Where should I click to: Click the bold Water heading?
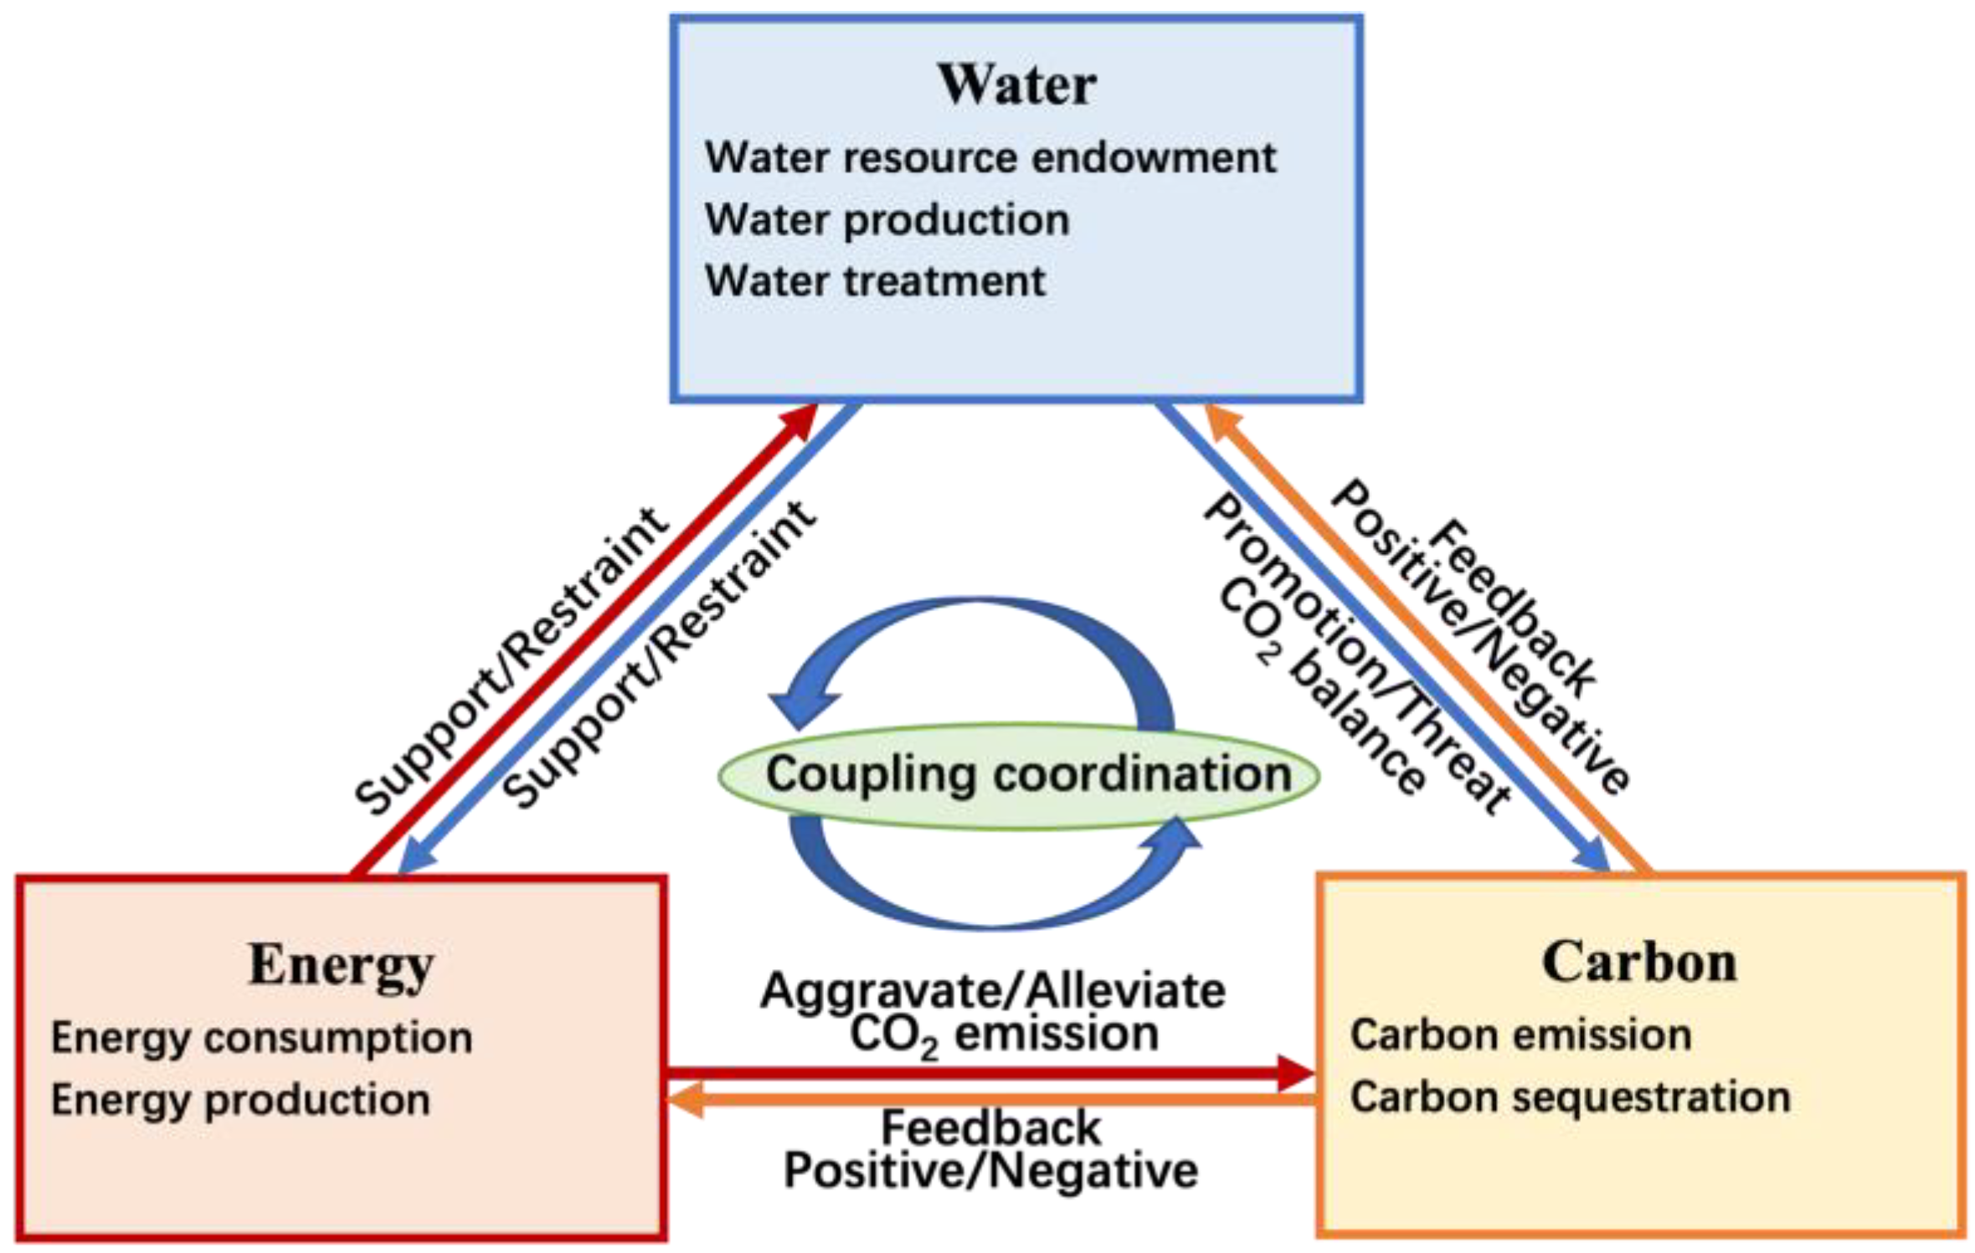(1016, 85)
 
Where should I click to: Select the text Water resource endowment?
(990, 158)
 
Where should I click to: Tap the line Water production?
(887, 220)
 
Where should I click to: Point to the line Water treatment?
(875, 281)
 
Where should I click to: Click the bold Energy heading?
(341, 965)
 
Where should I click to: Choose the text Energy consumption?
(262, 1038)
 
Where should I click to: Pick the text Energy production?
(241, 1100)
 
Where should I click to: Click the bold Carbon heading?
(1639, 963)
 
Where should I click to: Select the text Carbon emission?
(1520, 1035)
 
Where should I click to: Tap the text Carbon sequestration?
(1570, 1097)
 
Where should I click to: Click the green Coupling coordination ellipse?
(1019, 776)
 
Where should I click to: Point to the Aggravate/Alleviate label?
(993, 991)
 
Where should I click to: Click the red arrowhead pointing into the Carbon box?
(1295, 1073)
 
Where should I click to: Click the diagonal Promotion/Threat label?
(1356, 653)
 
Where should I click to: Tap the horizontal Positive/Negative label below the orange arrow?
(990, 1170)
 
